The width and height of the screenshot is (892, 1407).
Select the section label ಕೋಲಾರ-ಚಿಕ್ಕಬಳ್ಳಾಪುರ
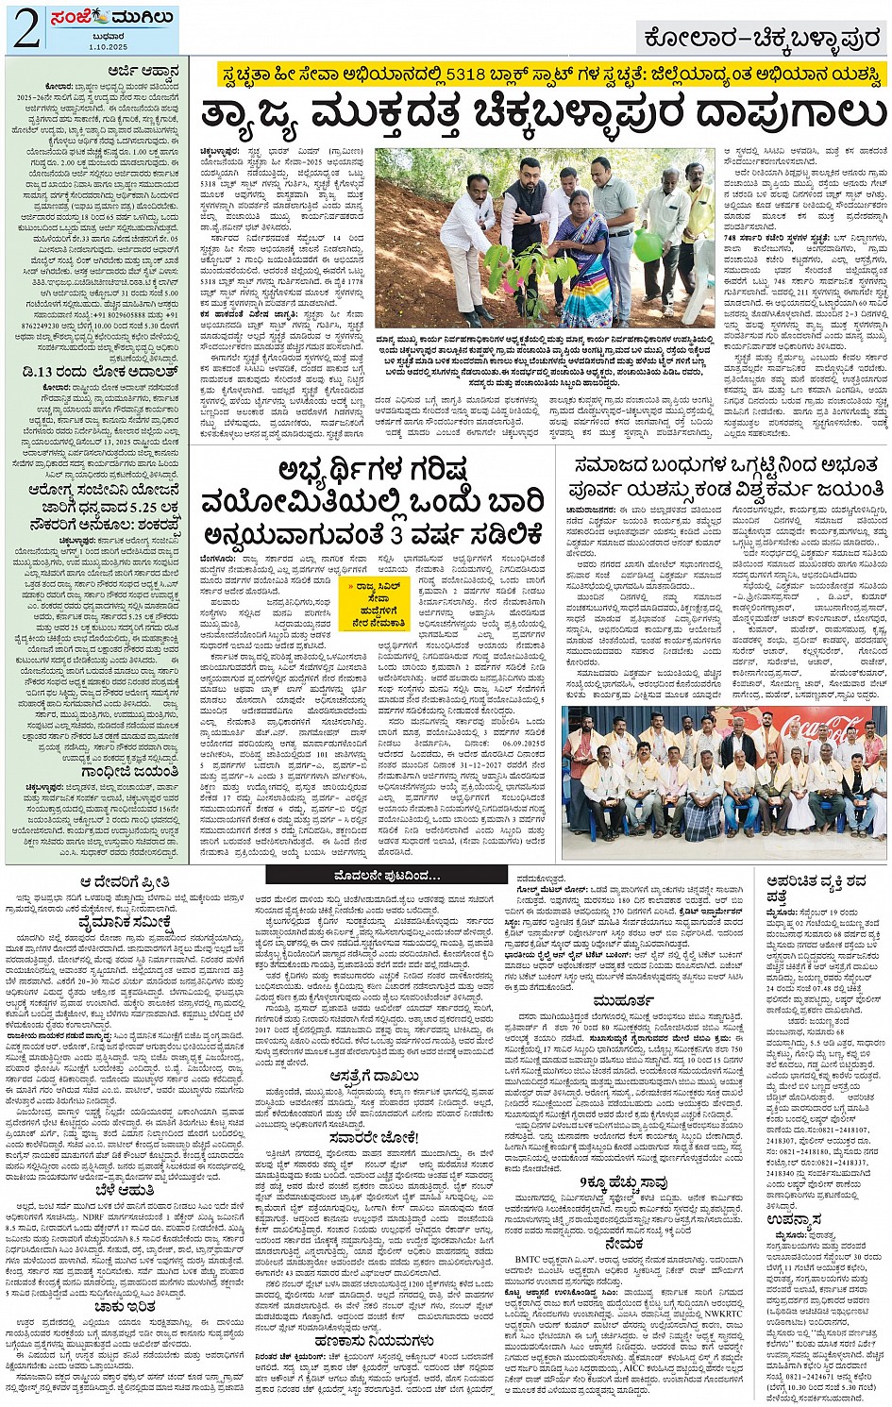coord(760,40)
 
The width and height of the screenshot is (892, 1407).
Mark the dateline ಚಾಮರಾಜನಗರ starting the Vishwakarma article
coord(588,509)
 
